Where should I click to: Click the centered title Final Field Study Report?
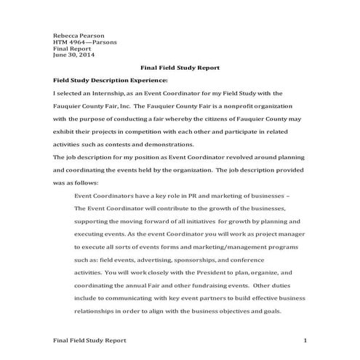tap(180, 68)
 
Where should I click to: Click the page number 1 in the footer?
tap(306, 340)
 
